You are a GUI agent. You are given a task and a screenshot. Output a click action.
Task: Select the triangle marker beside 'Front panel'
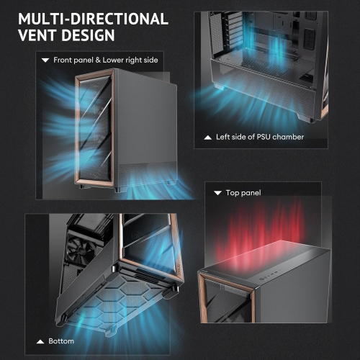tap(45, 60)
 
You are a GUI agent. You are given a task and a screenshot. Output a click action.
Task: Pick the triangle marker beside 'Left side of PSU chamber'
tap(207, 136)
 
